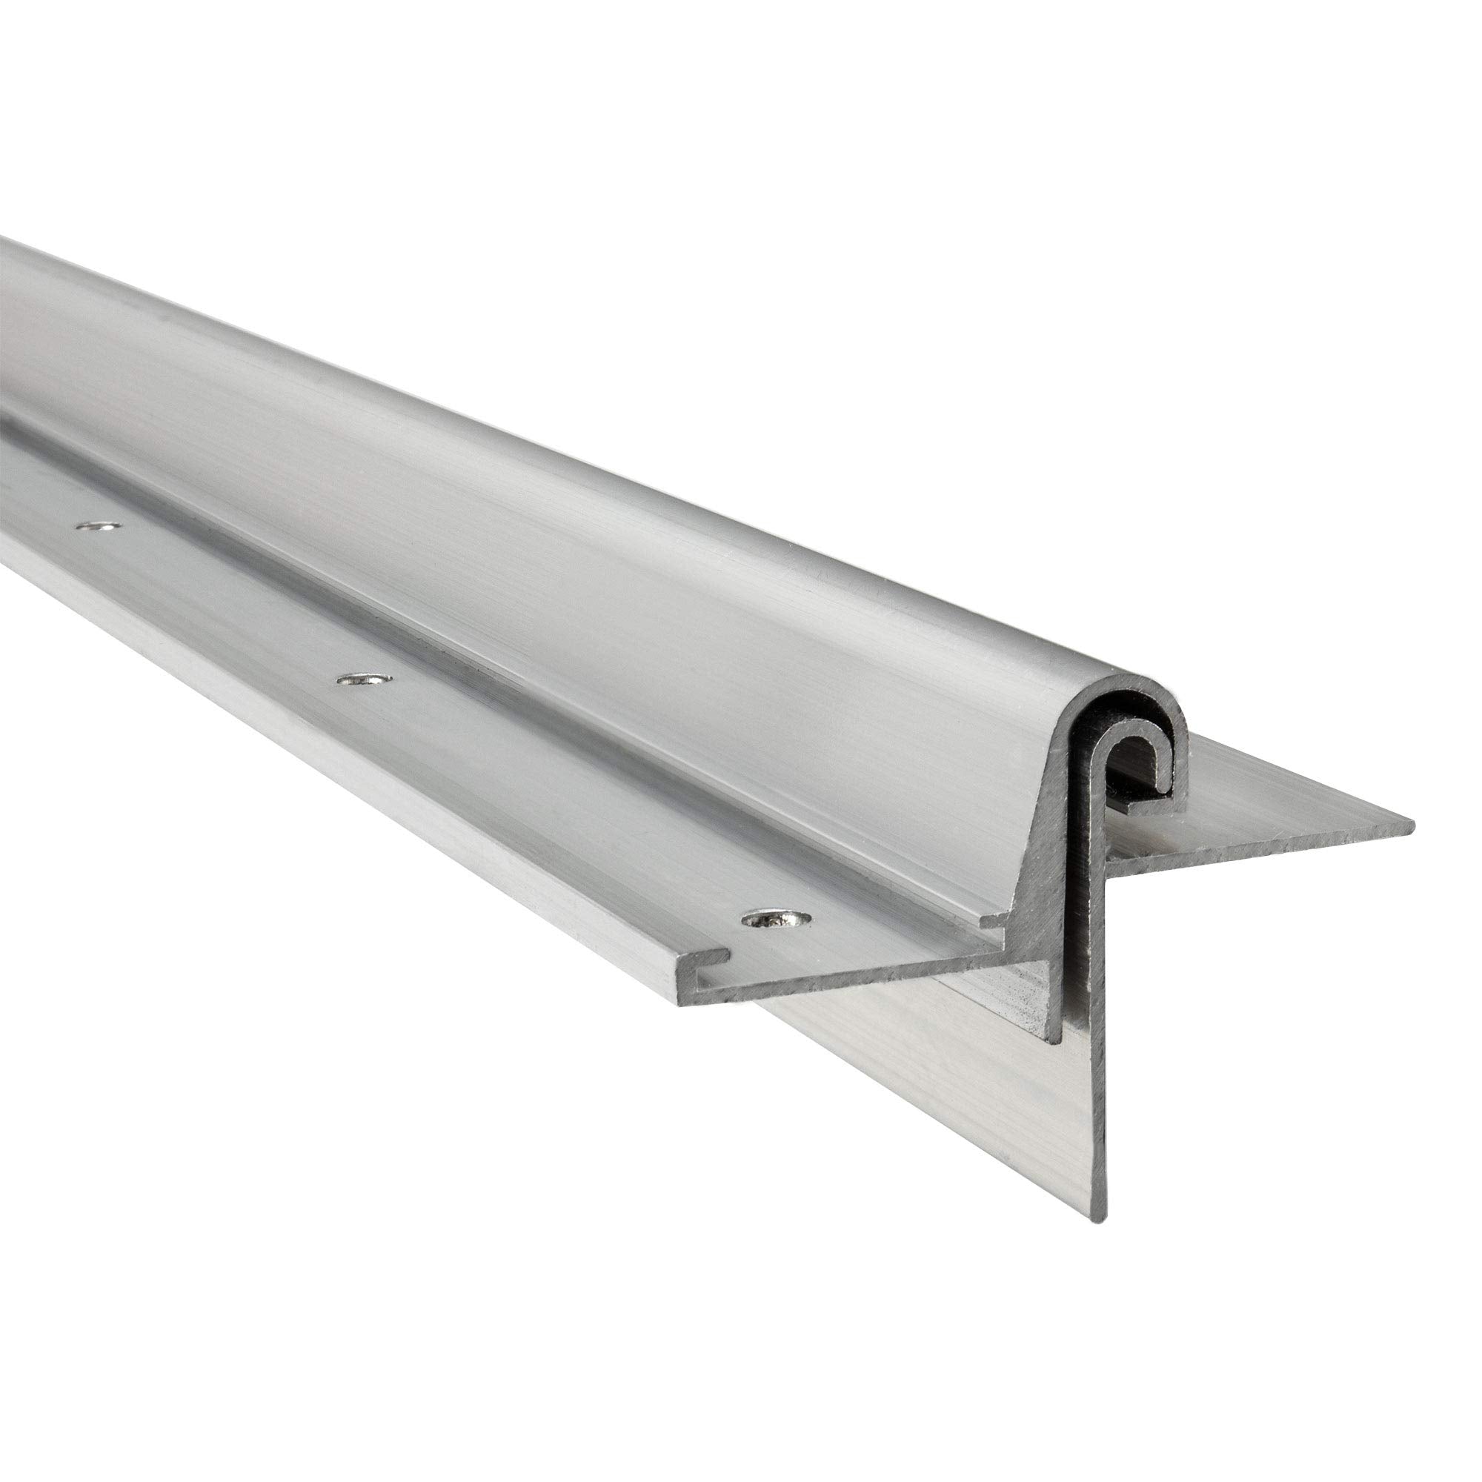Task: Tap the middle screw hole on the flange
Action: [364, 680]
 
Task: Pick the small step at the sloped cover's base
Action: [989, 920]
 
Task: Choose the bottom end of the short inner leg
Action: [1054, 1040]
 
